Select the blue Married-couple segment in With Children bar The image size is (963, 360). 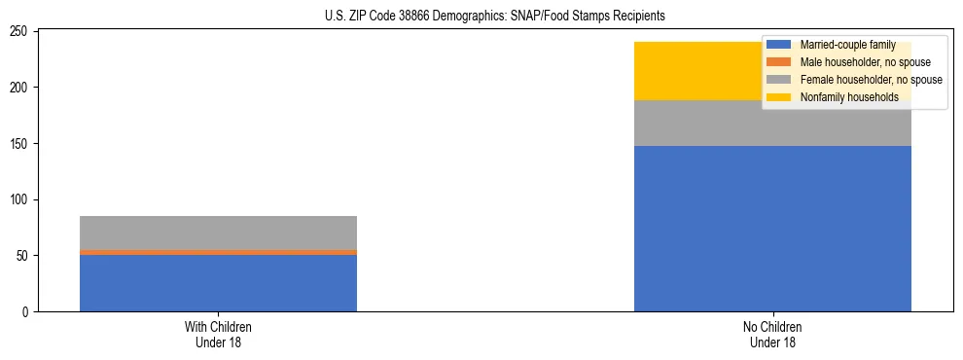tap(218, 283)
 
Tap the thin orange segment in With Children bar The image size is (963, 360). tap(218, 252)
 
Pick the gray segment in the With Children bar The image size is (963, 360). tap(218, 233)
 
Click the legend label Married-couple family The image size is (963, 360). tap(847, 45)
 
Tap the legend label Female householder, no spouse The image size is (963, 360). tap(871, 80)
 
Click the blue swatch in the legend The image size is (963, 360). tap(779, 45)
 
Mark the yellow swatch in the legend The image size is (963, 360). tap(779, 97)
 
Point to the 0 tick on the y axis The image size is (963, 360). tap(27, 312)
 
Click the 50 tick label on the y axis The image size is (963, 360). tap(24, 256)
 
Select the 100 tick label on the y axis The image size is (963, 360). tap(21, 200)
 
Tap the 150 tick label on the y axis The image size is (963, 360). tap(21, 144)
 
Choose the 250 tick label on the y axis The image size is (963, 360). tap(21, 32)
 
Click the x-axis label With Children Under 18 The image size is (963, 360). tap(218, 334)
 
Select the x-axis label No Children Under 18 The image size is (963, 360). tap(772, 334)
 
